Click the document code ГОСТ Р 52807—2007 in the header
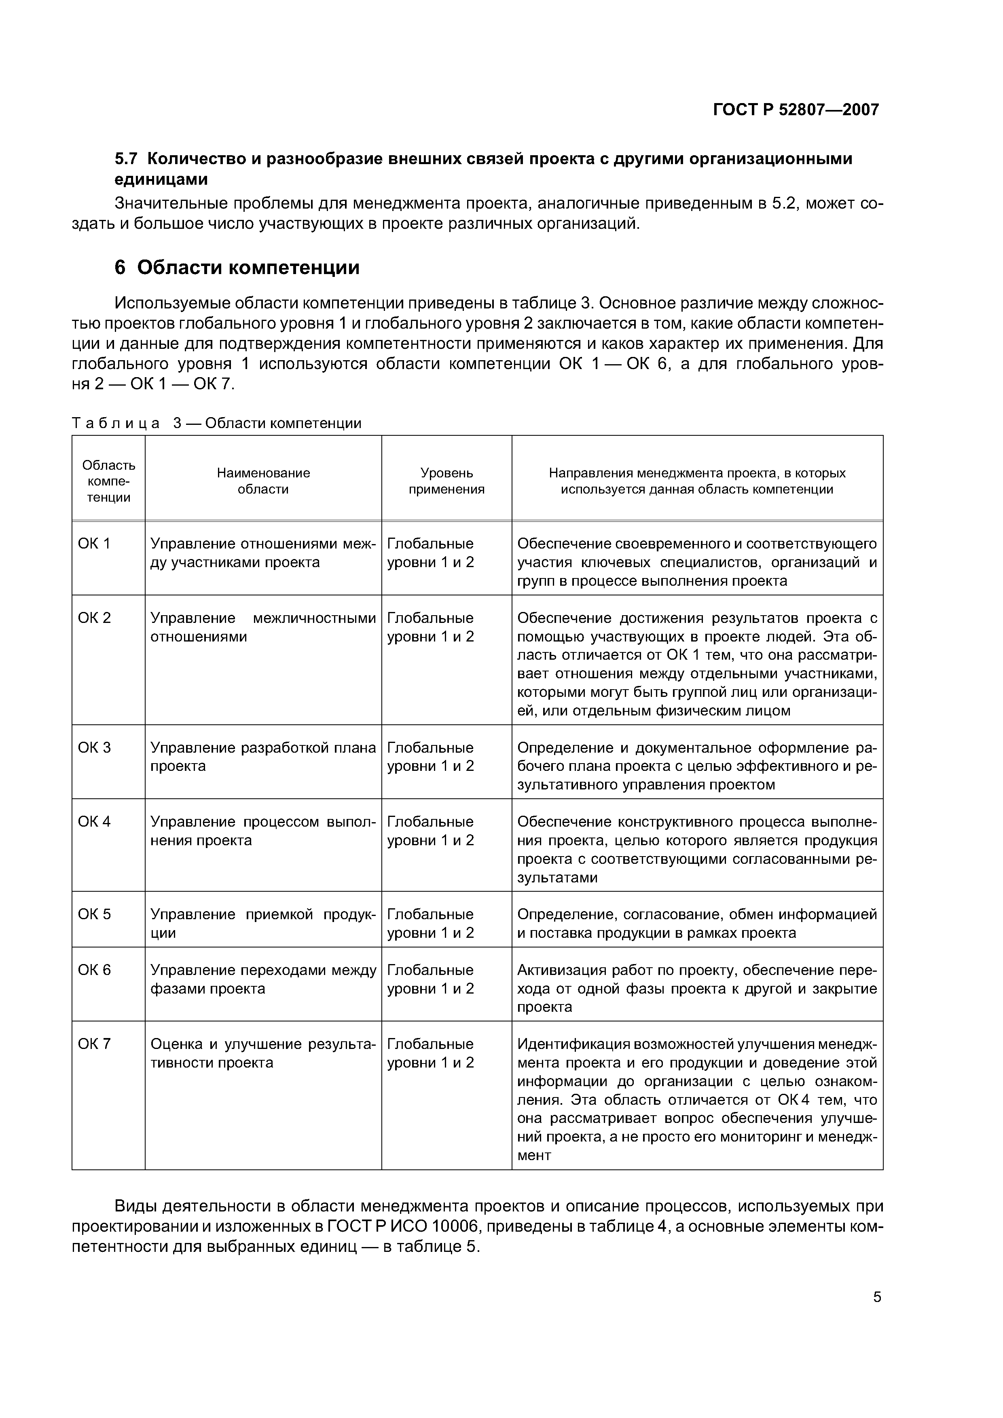(x=796, y=110)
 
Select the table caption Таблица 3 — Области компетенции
(x=216, y=423)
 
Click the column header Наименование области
(x=263, y=481)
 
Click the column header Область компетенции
(x=109, y=481)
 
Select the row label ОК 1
(x=94, y=544)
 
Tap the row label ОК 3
(x=94, y=747)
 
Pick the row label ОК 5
(x=94, y=914)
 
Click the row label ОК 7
(x=94, y=1044)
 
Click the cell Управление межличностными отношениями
(x=263, y=627)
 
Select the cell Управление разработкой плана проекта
(x=263, y=757)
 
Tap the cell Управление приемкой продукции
(x=263, y=923)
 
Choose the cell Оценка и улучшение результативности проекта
(x=263, y=1053)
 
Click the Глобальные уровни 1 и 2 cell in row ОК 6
(x=431, y=979)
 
